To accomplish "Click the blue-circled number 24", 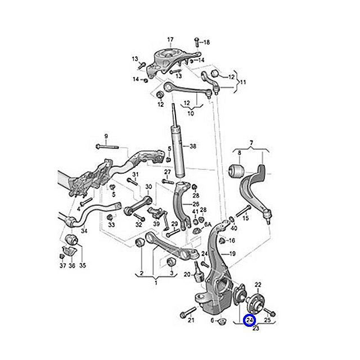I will (x=250, y=321).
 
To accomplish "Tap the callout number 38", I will (x=193, y=147).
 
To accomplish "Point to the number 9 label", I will (x=105, y=136).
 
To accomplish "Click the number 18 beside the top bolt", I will (x=206, y=42).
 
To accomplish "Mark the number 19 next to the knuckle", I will (x=231, y=255).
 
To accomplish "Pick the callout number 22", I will (x=258, y=284).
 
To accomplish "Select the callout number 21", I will (x=191, y=321).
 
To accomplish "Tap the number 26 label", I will (x=196, y=204).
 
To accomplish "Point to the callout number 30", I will (x=148, y=187).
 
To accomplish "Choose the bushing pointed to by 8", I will (x=238, y=169).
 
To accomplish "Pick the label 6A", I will (x=206, y=224).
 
